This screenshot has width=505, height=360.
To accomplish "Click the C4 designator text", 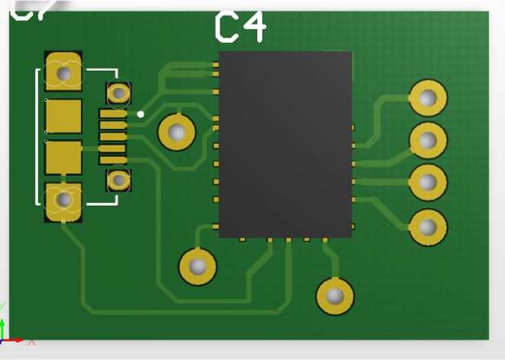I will tap(240, 26).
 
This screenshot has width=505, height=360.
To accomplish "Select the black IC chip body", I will tap(285, 144).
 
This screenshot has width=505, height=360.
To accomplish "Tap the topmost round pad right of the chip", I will tap(428, 98).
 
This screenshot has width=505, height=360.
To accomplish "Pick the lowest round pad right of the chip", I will tap(428, 227).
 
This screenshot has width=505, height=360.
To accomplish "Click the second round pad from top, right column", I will tap(428, 140).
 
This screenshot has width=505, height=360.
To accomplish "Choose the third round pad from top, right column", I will tap(428, 183).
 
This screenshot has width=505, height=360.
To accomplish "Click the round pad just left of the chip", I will tap(177, 132).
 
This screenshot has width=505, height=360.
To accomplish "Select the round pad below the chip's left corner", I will tap(198, 266).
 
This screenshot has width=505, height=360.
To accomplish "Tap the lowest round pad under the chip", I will tap(335, 296).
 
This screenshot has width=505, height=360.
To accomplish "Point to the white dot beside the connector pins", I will tap(140, 114).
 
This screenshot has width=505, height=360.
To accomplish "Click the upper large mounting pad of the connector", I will tap(63, 73).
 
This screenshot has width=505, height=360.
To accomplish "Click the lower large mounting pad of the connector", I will tap(63, 201).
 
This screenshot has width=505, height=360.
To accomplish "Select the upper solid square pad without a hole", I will tap(63, 116).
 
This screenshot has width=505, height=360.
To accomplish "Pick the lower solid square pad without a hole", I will tap(63, 158).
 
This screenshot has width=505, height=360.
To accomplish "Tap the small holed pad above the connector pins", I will tap(118, 93).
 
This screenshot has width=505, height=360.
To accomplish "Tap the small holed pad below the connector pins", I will tap(118, 181).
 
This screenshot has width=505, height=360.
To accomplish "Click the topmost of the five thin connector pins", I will tap(113, 114).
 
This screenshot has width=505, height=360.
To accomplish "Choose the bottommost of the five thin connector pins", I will tap(113, 160).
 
